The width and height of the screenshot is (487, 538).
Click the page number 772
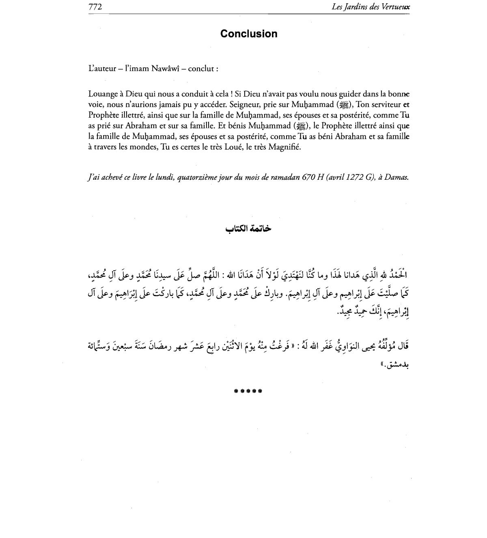[x=95, y=7]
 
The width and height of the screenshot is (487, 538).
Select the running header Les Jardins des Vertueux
[x=371, y=7]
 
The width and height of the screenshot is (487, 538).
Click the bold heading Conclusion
[x=249, y=34]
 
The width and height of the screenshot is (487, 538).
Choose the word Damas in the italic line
[x=396, y=177]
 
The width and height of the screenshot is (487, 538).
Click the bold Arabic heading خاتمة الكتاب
[x=248, y=229]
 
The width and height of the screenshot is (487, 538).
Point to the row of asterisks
[x=248, y=392]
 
